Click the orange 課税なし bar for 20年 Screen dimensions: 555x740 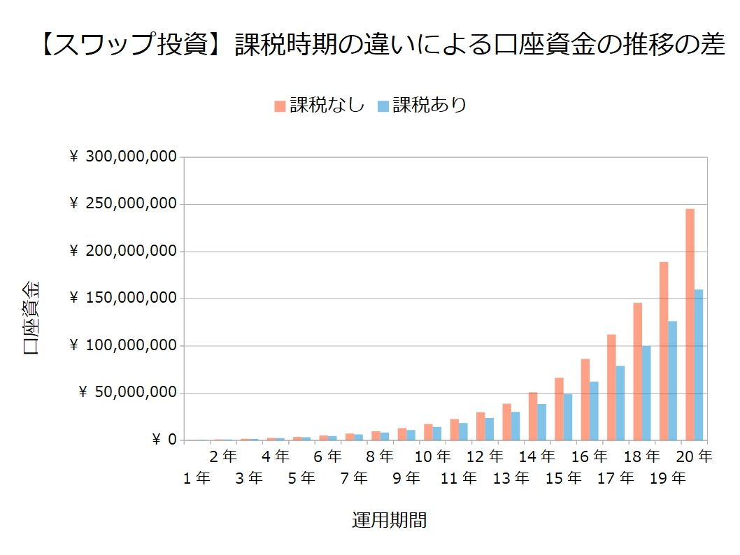click(x=690, y=324)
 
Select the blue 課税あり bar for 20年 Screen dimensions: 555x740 click(x=699, y=365)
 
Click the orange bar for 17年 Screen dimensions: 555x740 click(x=611, y=387)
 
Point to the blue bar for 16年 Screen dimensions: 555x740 click(x=594, y=411)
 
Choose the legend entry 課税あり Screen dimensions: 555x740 click(x=422, y=105)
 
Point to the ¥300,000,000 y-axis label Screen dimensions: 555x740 click(x=123, y=157)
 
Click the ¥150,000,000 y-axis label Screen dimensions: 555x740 click(x=123, y=298)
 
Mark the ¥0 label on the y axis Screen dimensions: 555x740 click(x=164, y=440)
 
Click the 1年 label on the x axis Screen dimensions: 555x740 click(x=197, y=479)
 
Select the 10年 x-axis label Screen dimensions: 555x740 click(x=432, y=456)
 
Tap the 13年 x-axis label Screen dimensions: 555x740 click(x=511, y=479)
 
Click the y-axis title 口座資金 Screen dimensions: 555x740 click(x=32, y=318)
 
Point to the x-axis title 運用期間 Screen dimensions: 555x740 click(x=390, y=521)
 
